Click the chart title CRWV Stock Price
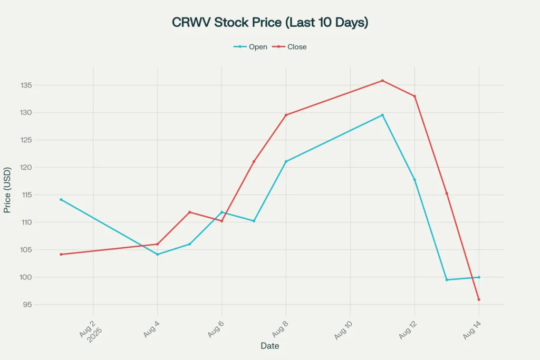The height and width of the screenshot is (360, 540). pos(269,23)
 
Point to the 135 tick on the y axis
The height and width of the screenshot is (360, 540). pos(24,85)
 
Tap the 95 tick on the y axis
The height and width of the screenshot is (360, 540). pos(26,305)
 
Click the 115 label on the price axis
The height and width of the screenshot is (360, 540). pos(24,195)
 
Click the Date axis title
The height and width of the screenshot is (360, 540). pos(269,346)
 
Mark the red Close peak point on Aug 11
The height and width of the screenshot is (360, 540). pos(382,81)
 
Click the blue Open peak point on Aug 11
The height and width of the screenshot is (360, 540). pos(382,115)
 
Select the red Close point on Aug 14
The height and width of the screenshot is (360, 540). pos(479,299)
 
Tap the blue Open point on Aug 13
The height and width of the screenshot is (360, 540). pos(447,280)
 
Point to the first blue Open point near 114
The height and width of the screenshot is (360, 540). pos(61,200)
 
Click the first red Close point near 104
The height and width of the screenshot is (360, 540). pos(61,255)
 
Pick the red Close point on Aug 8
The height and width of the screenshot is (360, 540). pos(286,115)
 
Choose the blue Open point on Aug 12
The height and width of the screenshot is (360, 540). pos(414,180)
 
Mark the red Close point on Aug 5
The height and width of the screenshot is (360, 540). pos(190,212)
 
